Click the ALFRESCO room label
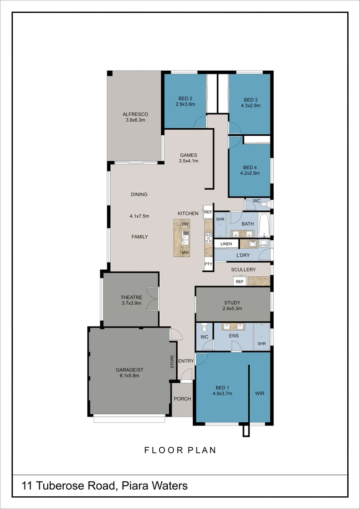coord(135,114)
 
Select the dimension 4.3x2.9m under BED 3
coord(251,106)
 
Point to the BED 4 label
coord(250,167)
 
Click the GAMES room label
coord(188,155)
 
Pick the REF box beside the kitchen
coord(208,213)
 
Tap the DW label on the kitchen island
coord(185,223)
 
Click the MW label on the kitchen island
coord(185,253)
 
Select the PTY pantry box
coord(208,265)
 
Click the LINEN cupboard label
coord(226,244)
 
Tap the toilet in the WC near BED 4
coord(264,204)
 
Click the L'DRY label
coord(243,255)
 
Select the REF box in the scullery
coord(239,281)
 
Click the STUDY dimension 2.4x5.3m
coord(232,309)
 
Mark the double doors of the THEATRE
coord(152,299)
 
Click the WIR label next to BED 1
coord(260,393)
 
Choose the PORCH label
coord(182,399)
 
